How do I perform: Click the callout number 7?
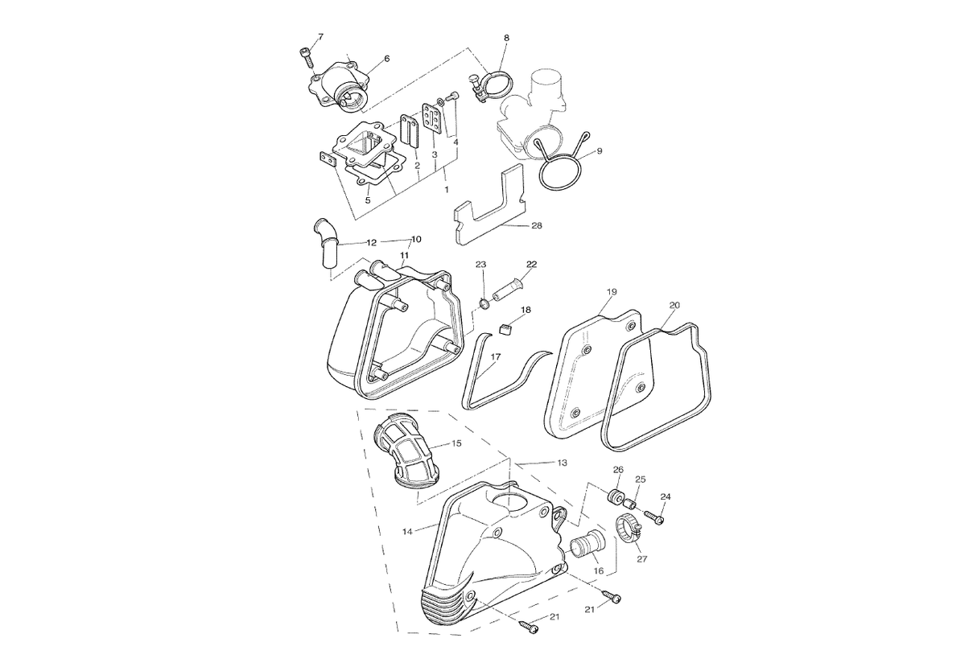[320, 37]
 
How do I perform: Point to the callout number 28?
[537, 225]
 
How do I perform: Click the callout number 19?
[612, 291]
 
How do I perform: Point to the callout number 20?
[674, 306]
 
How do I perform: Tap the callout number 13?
[563, 463]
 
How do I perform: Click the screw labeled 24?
[653, 517]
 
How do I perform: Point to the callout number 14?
[407, 531]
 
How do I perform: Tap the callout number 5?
[368, 200]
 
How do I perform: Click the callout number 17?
[496, 356]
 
